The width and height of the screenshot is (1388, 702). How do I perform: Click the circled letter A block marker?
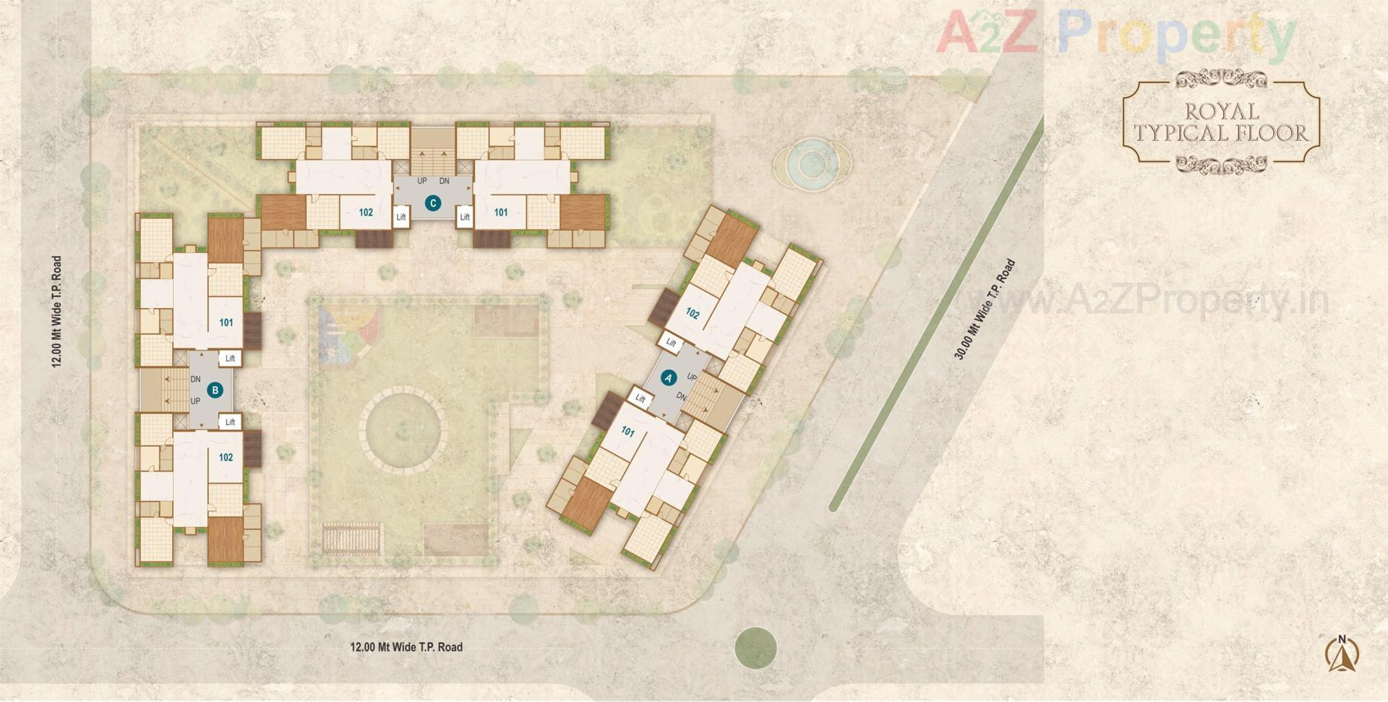click(x=668, y=377)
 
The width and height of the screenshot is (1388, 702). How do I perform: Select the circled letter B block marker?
click(x=214, y=390)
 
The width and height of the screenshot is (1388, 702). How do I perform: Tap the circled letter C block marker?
click(x=433, y=203)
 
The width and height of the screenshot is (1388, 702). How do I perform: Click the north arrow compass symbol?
click(x=1342, y=654)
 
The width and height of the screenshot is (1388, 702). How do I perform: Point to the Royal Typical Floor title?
click(x=1221, y=122)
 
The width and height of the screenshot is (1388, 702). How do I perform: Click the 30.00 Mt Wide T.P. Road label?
click(x=985, y=309)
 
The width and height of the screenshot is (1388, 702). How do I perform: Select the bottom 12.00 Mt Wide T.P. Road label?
click(x=406, y=647)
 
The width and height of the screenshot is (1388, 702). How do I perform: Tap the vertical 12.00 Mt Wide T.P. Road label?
click(x=56, y=312)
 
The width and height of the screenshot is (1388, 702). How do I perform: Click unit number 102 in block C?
click(x=366, y=213)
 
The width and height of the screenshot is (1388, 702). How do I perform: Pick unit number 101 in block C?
click(x=501, y=213)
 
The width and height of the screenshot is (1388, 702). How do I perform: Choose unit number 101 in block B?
click(x=226, y=322)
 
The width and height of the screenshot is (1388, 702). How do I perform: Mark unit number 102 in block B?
click(x=226, y=457)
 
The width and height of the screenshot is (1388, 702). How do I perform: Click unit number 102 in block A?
click(x=693, y=314)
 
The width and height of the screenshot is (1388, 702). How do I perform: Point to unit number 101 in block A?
click(x=627, y=432)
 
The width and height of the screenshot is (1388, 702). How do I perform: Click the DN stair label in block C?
click(x=445, y=181)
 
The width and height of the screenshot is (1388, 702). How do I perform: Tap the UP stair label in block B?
click(x=195, y=401)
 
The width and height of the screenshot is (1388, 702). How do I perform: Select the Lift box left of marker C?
click(x=401, y=217)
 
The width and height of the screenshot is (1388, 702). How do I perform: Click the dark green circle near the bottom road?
click(x=755, y=647)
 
